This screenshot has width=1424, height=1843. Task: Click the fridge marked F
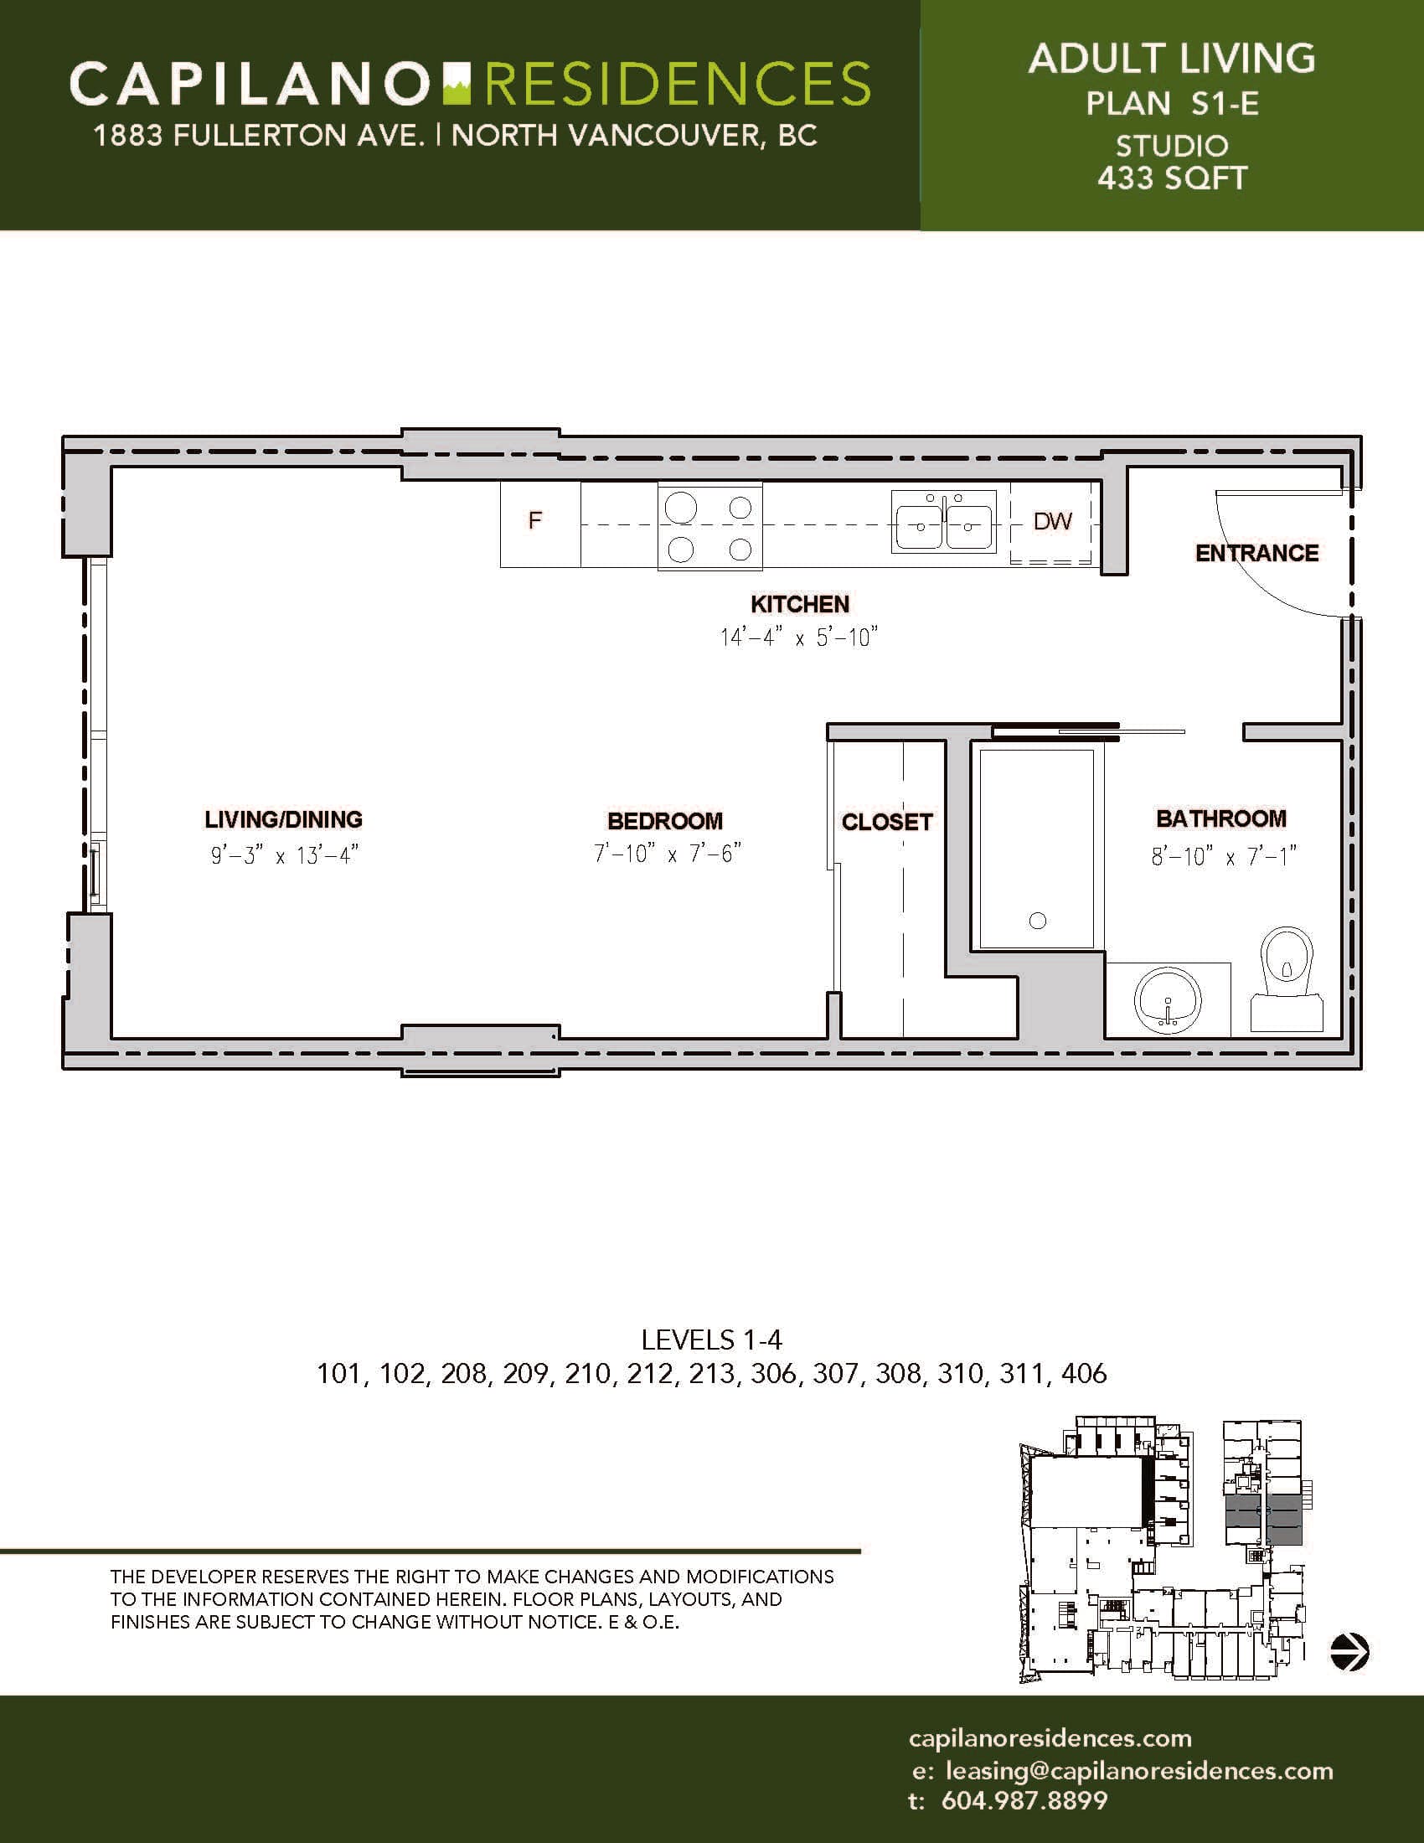pyautogui.click(x=540, y=524)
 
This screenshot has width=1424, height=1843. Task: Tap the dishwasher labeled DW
pyautogui.click(x=1053, y=524)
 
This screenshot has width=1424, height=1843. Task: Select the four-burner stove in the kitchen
pyautogui.click(x=709, y=528)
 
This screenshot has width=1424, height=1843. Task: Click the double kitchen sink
pyautogui.click(x=946, y=523)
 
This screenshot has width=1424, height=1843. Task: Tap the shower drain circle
pyautogui.click(x=1039, y=921)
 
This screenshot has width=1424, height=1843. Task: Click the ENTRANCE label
pyautogui.click(x=1257, y=554)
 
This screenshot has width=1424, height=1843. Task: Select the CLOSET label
pyautogui.click(x=887, y=822)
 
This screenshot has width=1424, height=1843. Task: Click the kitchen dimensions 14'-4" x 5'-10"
pyautogui.click(x=800, y=638)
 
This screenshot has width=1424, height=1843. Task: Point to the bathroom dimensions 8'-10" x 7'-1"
pyautogui.click(x=1223, y=857)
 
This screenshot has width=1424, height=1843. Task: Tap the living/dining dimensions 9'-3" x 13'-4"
pyautogui.click(x=285, y=855)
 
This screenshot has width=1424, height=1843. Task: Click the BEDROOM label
pyautogui.click(x=666, y=820)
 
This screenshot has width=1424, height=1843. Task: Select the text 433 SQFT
pyautogui.click(x=1172, y=178)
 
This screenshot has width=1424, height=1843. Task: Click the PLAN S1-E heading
pyautogui.click(x=1172, y=104)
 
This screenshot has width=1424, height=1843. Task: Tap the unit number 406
pyautogui.click(x=1084, y=1374)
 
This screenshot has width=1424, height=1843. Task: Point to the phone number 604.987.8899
pyautogui.click(x=1024, y=1800)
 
